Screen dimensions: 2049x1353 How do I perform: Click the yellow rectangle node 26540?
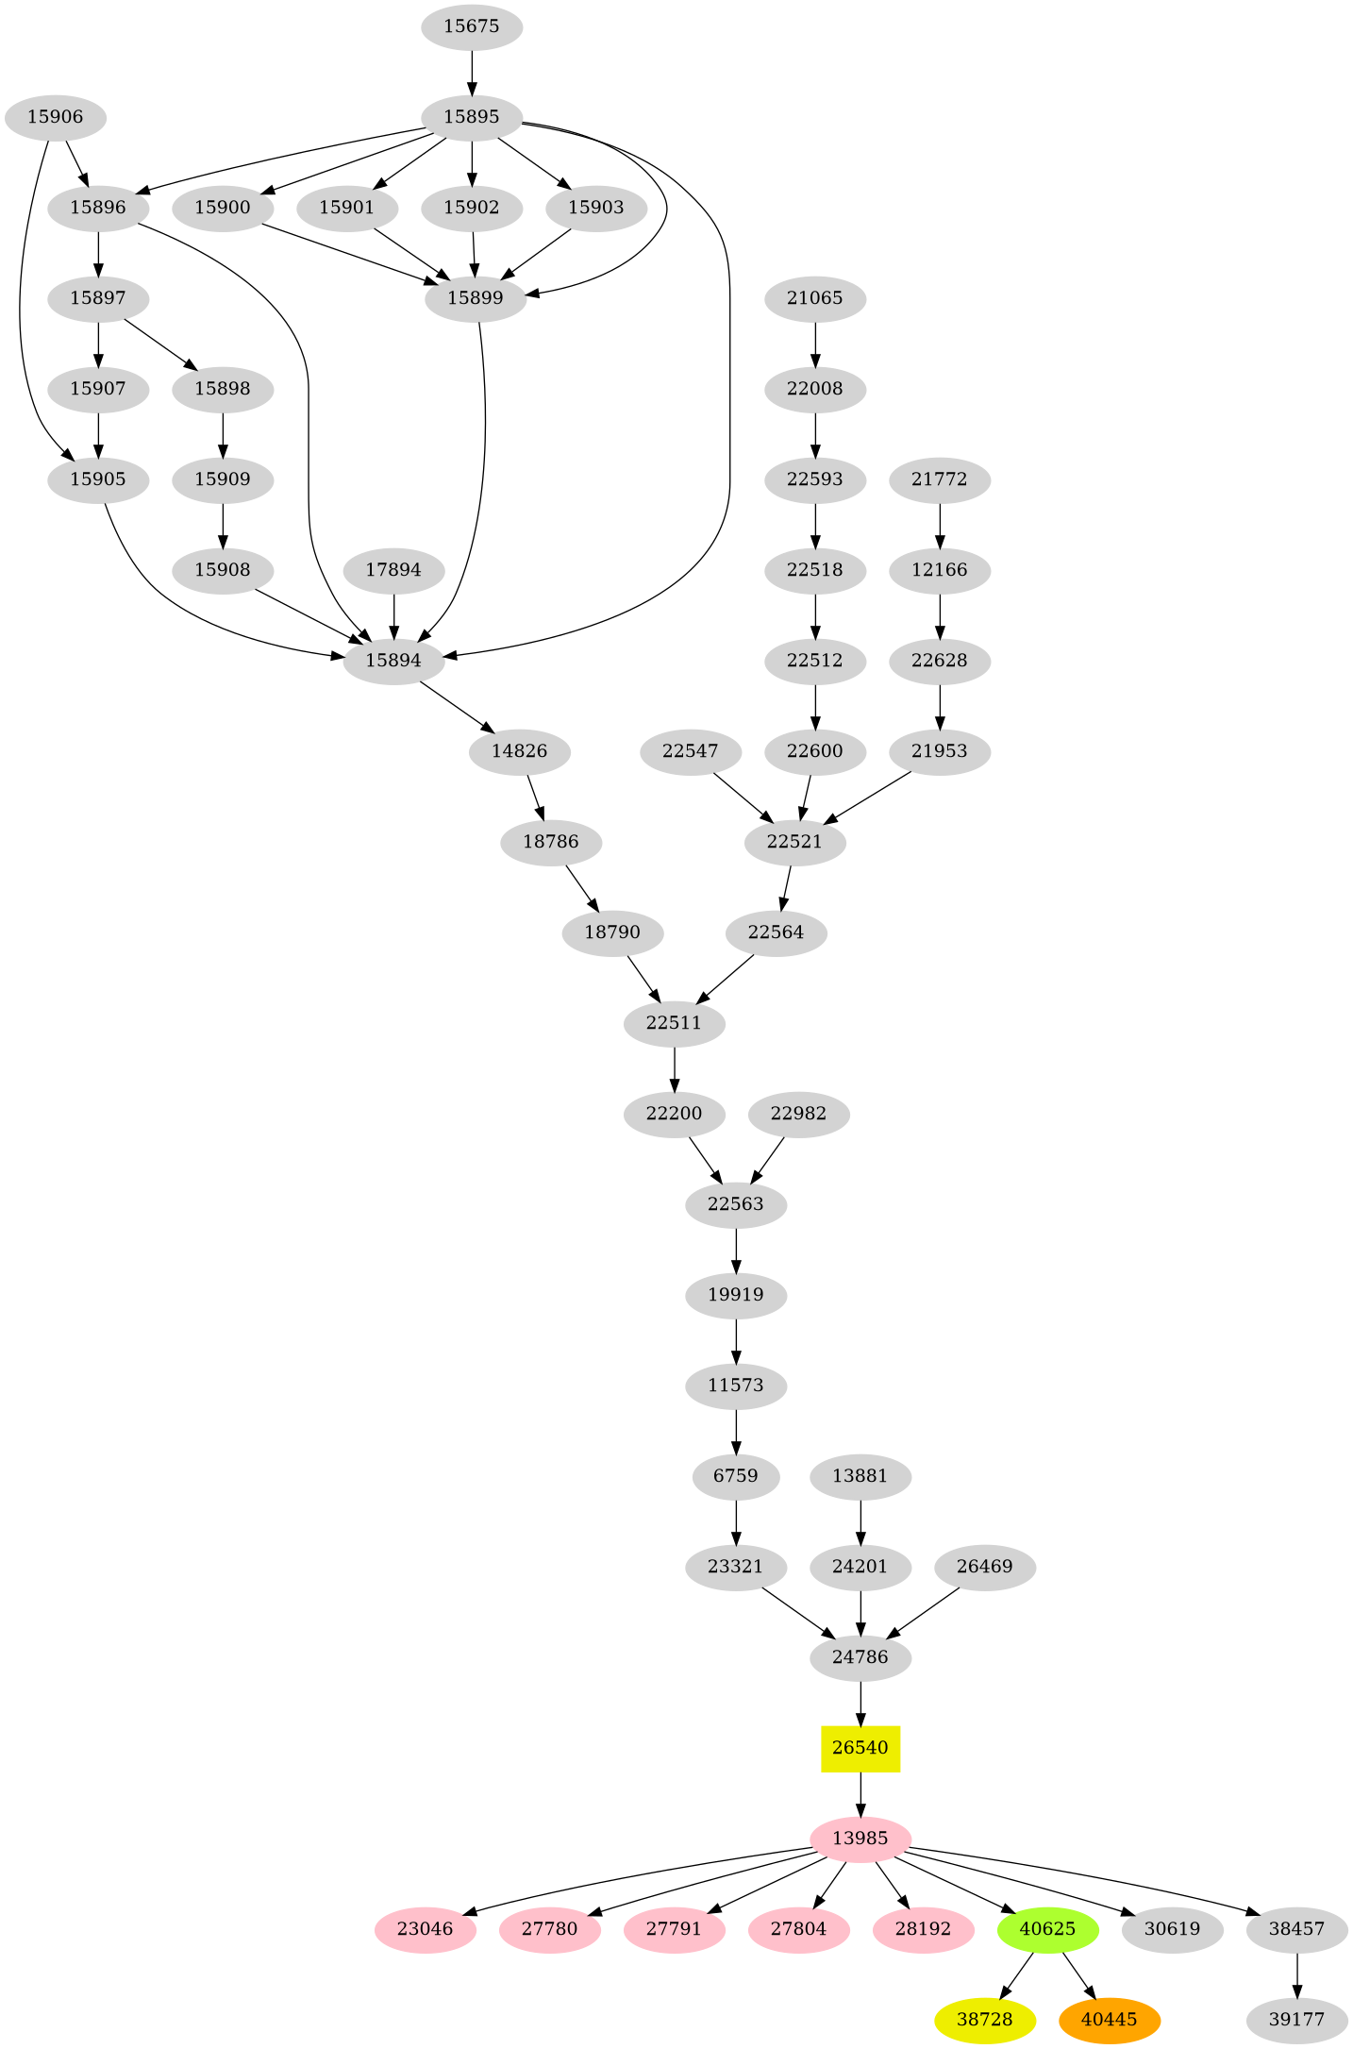point(860,1748)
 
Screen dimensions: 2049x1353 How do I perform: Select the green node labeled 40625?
point(1047,1929)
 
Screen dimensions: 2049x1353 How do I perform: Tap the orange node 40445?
point(1109,2020)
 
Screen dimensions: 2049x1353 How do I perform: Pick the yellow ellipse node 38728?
point(984,2020)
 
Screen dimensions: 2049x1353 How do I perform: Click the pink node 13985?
point(860,1839)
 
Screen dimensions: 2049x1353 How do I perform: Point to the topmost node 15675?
point(471,26)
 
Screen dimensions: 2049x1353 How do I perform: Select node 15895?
point(471,117)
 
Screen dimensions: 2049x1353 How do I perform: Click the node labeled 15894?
point(393,661)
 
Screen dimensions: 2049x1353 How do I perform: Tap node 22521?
point(794,842)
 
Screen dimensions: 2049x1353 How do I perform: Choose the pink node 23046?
point(425,1929)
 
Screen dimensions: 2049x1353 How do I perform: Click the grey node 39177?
point(1296,2020)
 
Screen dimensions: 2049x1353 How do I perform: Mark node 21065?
point(814,298)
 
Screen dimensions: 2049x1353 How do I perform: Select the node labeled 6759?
point(735,1476)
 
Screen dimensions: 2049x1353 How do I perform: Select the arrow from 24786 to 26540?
point(860,1703)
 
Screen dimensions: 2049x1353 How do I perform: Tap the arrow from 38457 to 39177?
point(1296,1974)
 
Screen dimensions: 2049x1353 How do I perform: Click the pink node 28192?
point(923,1929)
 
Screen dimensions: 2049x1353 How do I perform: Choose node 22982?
point(798,1114)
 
